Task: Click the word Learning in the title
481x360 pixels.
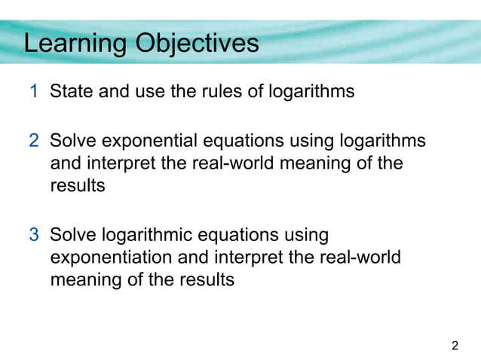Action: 75,44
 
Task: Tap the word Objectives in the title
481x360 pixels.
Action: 197,44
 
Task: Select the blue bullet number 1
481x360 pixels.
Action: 35,93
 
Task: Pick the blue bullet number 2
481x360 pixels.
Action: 35,141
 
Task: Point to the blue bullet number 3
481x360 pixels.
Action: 35,235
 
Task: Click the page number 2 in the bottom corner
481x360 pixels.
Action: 454,346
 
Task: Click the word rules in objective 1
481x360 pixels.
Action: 218,93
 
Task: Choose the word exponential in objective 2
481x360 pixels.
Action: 153,141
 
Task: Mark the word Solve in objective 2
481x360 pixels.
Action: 72,141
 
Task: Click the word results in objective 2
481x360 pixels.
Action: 78,186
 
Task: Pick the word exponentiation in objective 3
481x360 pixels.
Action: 111,258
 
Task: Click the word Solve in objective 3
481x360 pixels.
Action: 72,235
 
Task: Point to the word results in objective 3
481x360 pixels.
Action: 207,280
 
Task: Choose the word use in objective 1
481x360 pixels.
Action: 150,93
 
